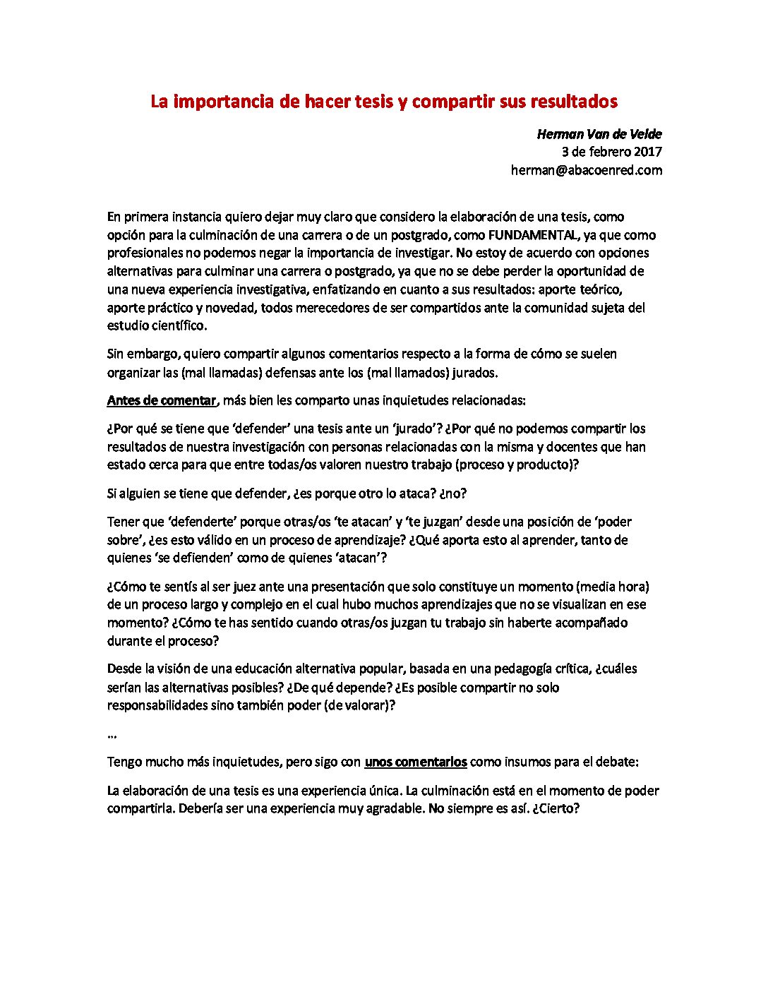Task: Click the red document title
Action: pyautogui.click(x=383, y=102)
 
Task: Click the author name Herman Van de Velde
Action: pyautogui.click(x=599, y=134)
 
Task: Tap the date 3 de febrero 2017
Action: pyautogui.click(x=611, y=152)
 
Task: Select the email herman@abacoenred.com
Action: pyautogui.click(x=586, y=170)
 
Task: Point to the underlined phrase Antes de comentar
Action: pyautogui.click(x=161, y=401)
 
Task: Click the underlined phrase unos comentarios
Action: pyautogui.click(x=415, y=762)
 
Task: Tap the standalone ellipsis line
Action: pyautogui.click(x=112, y=735)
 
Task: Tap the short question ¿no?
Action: pyautogui.click(x=452, y=494)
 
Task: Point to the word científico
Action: pyautogui.click(x=177, y=326)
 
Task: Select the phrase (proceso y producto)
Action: pyautogui.click(x=513, y=465)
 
